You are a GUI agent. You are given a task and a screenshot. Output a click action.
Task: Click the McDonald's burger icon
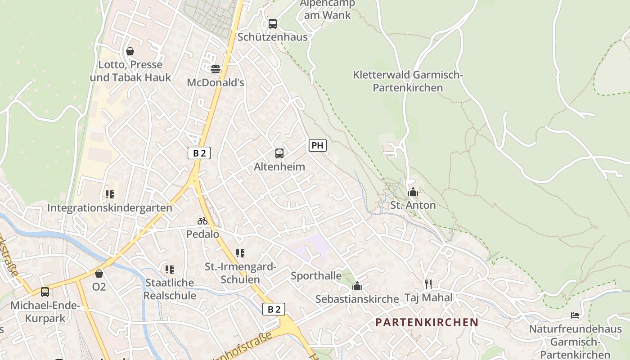tap(216, 69)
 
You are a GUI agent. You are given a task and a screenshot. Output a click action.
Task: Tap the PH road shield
tap(317, 145)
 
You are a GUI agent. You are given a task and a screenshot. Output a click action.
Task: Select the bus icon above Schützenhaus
tap(273, 24)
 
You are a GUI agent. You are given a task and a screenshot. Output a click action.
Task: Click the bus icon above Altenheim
tap(279, 153)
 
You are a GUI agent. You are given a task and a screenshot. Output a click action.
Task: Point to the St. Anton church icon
tap(413, 192)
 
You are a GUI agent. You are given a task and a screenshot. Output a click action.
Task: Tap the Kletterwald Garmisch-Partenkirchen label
tap(408, 81)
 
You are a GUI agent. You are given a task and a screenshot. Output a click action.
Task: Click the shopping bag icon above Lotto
tap(130, 51)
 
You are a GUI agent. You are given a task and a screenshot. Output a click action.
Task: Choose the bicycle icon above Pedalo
tap(202, 221)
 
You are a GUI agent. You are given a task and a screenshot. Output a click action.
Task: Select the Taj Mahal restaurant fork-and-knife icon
tap(428, 284)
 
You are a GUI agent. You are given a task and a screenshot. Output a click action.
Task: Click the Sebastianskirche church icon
tap(357, 286)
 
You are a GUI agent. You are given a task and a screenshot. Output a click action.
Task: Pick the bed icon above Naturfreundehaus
tap(575, 315)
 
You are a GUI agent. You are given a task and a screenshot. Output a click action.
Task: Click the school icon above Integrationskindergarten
tap(109, 194)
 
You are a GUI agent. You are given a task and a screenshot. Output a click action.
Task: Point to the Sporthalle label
tap(316, 275)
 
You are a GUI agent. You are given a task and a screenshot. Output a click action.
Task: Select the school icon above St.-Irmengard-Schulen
tap(240, 253)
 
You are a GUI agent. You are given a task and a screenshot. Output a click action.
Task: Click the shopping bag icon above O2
tap(99, 274)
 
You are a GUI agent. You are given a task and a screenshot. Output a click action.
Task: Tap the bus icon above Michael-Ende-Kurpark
tap(45, 292)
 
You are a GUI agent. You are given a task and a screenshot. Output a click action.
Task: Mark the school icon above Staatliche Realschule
tap(170, 270)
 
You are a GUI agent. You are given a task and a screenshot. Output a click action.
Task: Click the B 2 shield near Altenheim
tap(199, 153)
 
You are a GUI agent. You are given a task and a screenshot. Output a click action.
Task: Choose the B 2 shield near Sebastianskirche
tap(274, 309)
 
